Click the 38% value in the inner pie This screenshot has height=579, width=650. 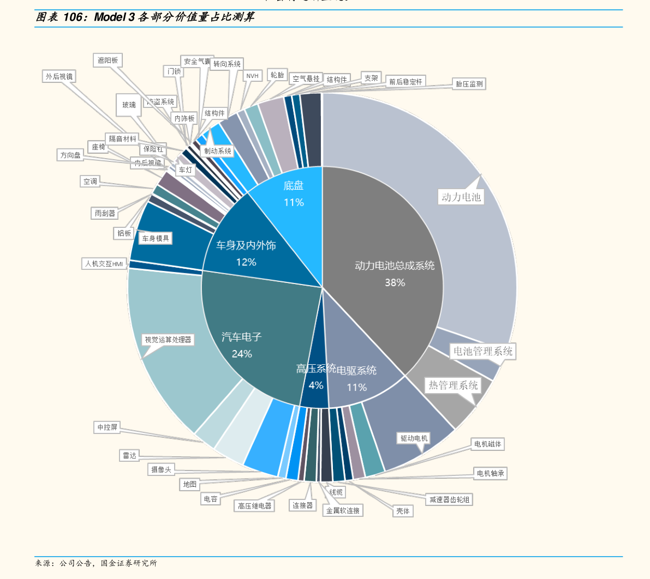click(395, 282)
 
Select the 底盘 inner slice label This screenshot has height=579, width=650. click(293, 186)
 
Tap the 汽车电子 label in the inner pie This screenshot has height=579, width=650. click(242, 337)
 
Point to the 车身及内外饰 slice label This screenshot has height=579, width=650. click(246, 246)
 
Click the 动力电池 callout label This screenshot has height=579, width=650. click(461, 197)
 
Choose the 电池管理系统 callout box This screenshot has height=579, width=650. click(483, 351)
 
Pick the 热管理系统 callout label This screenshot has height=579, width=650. click(453, 385)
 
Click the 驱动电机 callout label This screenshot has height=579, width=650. click(414, 438)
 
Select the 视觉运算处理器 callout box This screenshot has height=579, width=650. click(168, 340)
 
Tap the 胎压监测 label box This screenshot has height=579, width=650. click(469, 84)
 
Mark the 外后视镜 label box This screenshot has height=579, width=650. click(59, 77)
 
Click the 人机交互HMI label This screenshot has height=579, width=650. click(104, 264)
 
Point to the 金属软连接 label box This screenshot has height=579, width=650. click(343, 511)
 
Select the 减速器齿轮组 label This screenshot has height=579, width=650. click(449, 499)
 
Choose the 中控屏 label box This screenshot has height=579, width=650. click(107, 427)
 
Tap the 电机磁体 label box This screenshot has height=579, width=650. click(487, 444)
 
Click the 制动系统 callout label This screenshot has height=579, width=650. click(218, 151)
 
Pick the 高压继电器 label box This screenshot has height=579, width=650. click(254, 506)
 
